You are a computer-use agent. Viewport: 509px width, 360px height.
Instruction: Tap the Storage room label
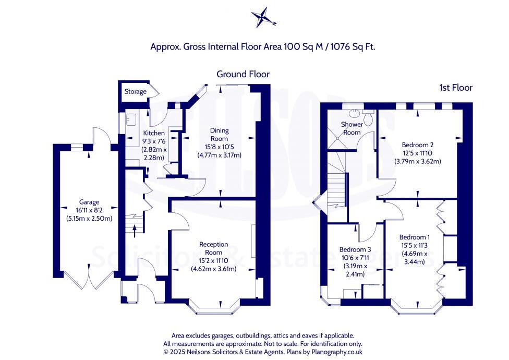click(x=135, y=92)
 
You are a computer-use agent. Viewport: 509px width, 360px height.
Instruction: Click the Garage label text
click(x=89, y=202)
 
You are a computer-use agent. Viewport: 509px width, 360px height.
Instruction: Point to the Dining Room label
click(x=219, y=135)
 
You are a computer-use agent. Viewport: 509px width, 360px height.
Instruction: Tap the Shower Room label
click(x=351, y=128)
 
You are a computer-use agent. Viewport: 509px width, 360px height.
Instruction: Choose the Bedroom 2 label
click(x=418, y=145)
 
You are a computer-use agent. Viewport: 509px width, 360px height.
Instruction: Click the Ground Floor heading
click(x=243, y=74)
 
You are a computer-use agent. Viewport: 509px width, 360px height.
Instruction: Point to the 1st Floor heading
click(x=455, y=88)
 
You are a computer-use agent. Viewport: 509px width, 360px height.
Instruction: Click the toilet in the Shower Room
click(x=369, y=118)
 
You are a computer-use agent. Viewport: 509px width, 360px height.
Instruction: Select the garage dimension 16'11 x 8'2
click(x=89, y=210)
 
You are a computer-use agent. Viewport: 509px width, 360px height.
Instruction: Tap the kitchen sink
click(x=130, y=119)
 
